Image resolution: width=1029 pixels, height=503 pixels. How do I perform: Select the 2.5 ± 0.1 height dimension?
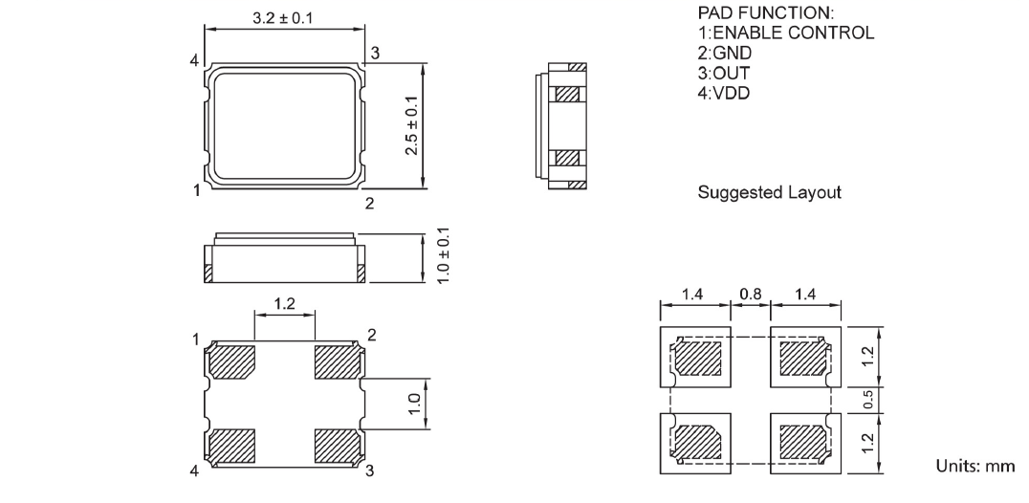[412, 124]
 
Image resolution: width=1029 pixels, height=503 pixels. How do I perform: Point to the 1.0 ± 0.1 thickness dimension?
[443, 254]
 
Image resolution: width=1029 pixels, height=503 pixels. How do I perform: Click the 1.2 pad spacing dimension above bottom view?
[285, 305]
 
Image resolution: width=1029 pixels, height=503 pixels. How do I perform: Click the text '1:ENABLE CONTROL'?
[785, 33]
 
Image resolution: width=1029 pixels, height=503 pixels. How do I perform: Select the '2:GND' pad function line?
[725, 53]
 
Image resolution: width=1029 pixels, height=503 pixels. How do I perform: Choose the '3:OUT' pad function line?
[724, 73]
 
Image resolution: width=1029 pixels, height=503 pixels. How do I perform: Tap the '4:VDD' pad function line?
[724, 93]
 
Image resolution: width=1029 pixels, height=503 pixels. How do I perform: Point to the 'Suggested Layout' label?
[770, 192]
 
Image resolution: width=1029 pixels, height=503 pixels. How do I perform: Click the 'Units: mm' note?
[974, 466]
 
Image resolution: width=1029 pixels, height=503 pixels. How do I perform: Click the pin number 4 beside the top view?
[194, 61]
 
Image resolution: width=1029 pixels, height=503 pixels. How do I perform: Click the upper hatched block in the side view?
[568, 95]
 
